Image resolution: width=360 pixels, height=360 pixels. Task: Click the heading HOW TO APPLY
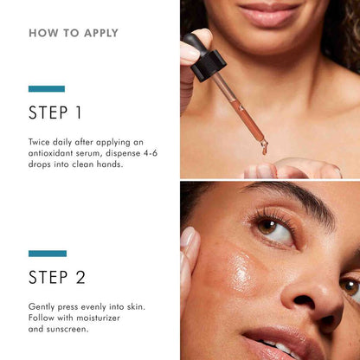click(74, 34)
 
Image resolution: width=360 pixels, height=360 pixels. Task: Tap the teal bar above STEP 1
click(47, 88)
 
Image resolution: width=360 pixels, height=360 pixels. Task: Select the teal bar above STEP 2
click(47, 254)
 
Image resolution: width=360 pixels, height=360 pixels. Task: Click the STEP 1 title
click(55, 112)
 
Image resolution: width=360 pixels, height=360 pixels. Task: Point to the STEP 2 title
click(57, 278)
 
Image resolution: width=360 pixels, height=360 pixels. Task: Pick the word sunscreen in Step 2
click(71, 330)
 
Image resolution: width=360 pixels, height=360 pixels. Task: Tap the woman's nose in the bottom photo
click(320, 294)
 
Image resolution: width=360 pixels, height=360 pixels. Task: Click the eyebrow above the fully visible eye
click(286, 201)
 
